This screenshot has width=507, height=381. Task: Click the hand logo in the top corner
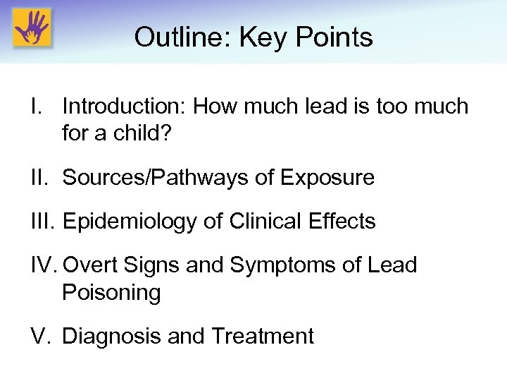(x=32, y=29)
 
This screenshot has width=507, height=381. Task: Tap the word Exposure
(x=329, y=178)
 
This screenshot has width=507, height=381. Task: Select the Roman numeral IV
(x=44, y=265)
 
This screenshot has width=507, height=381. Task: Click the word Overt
(x=90, y=265)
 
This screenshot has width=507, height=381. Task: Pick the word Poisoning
(x=111, y=292)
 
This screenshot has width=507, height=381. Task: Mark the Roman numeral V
(x=39, y=336)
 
